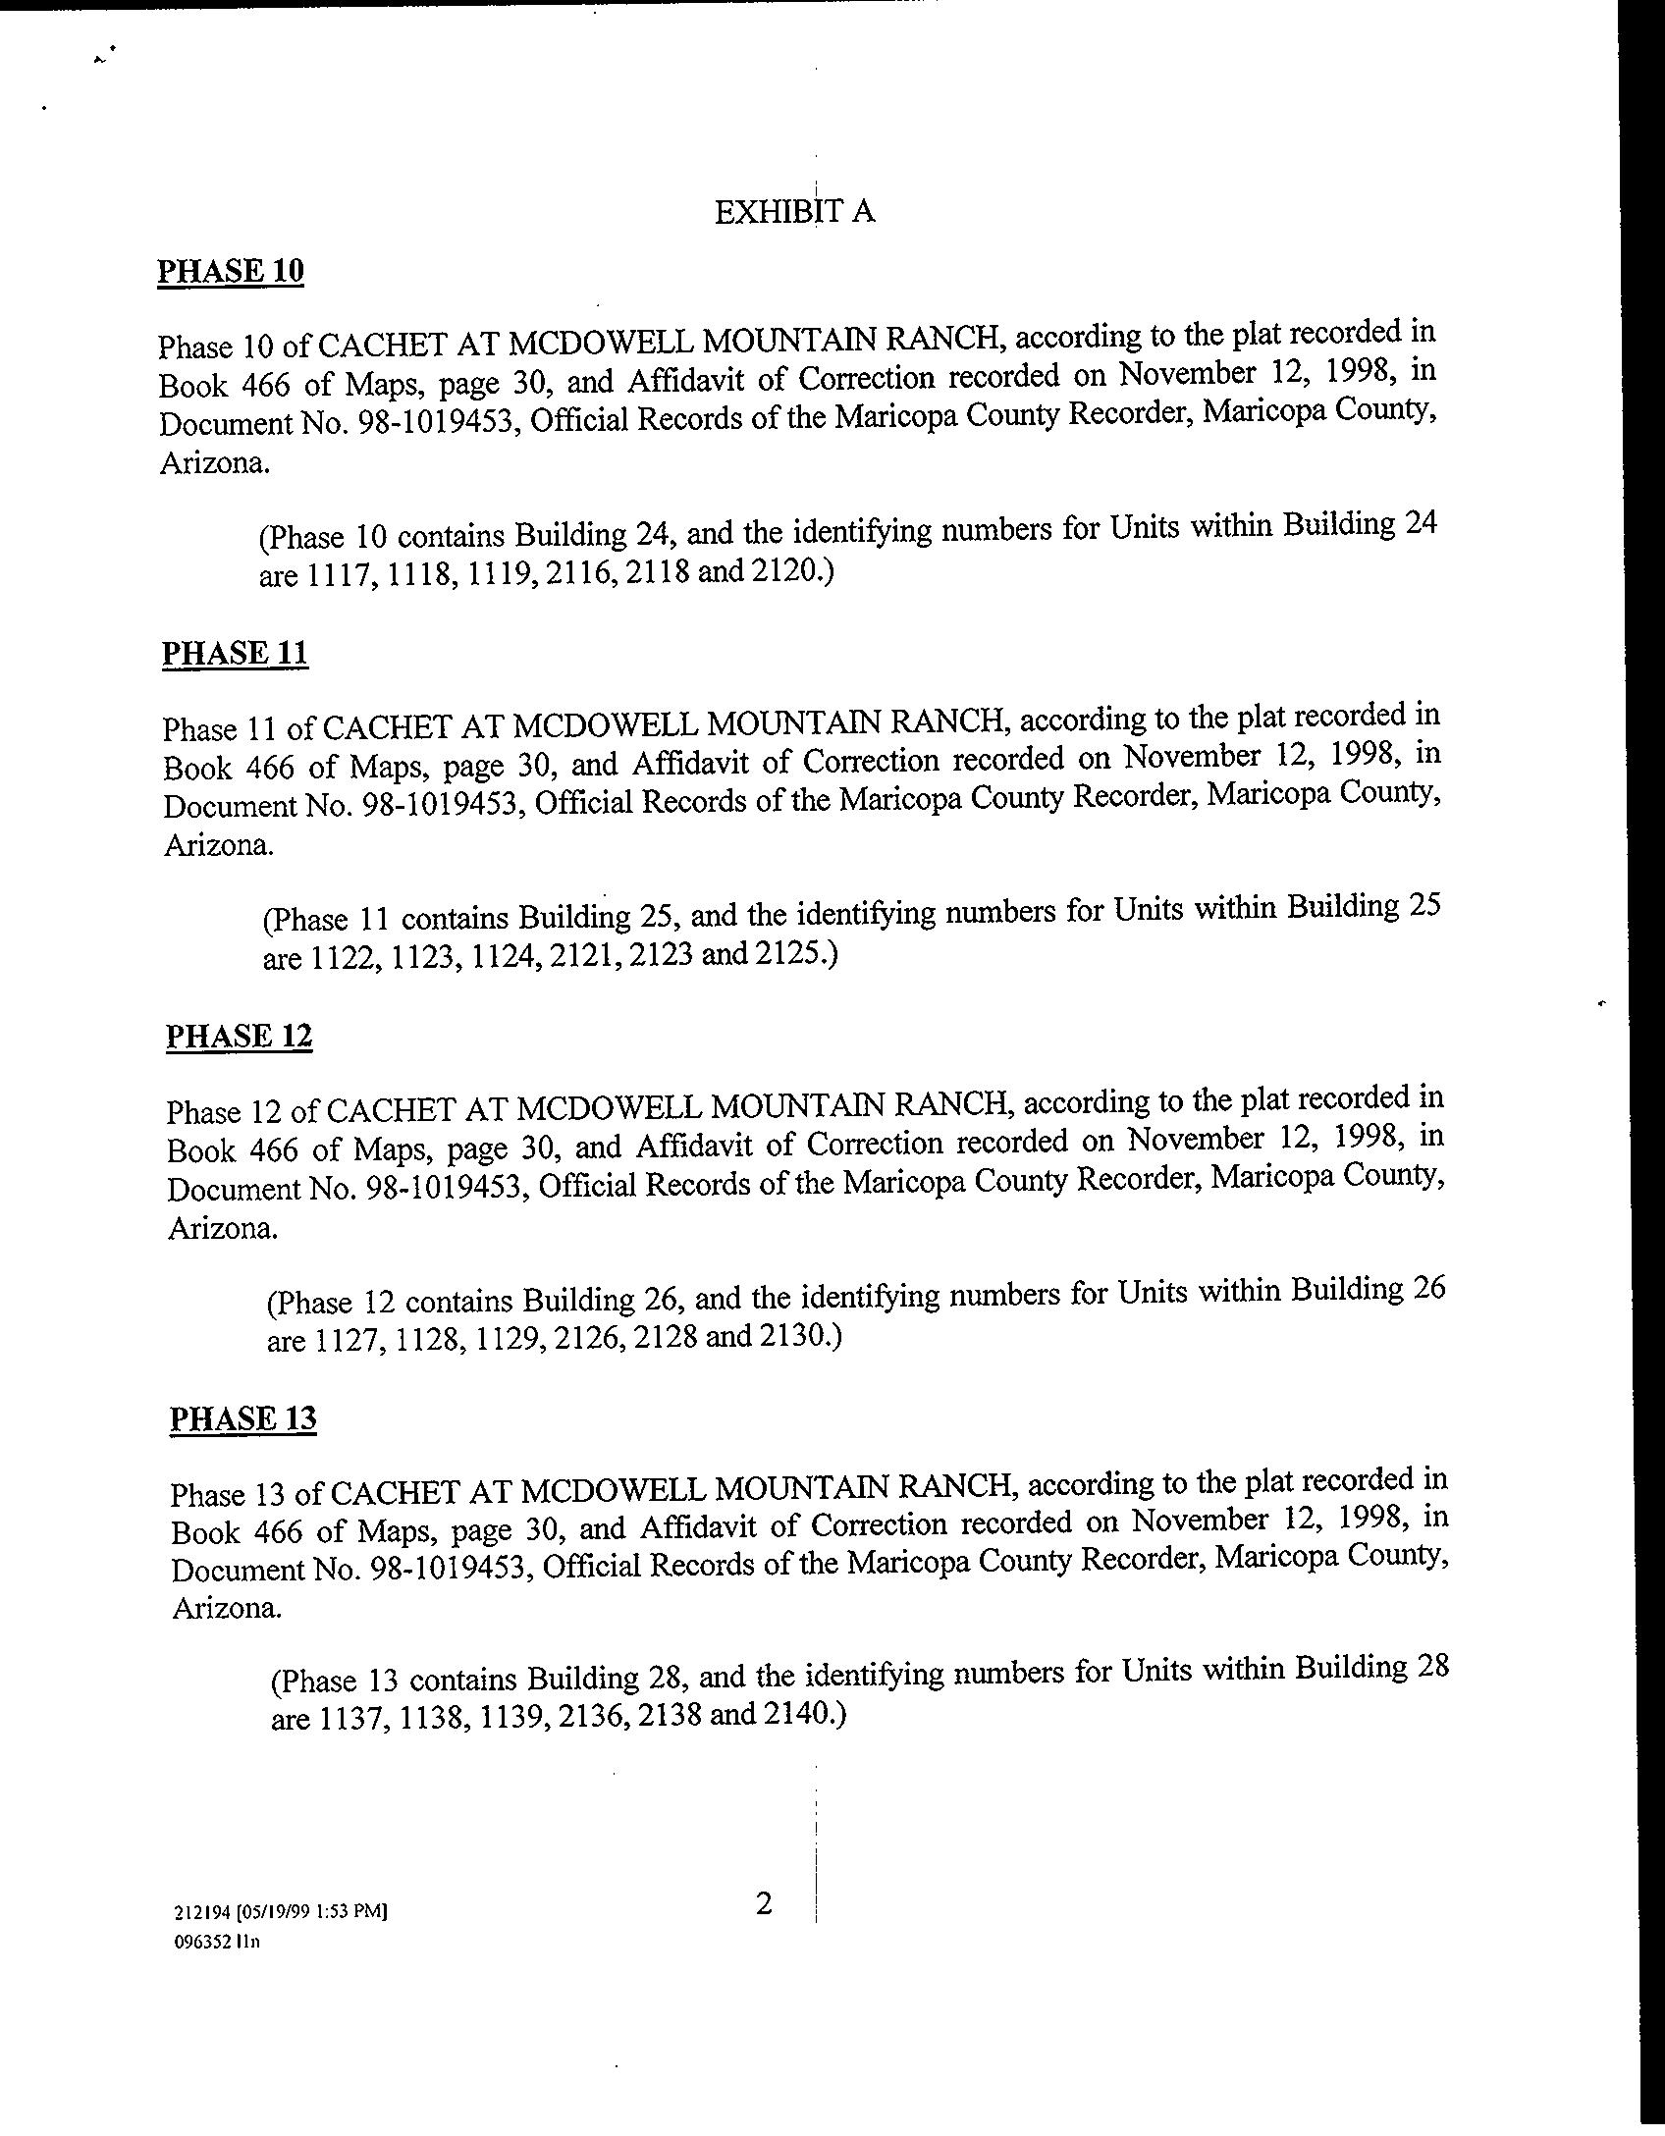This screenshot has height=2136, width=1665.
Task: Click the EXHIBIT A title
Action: pyautogui.click(x=794, y=212)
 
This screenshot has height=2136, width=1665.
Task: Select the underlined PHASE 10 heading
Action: pyautogui.click(x=231, y=271)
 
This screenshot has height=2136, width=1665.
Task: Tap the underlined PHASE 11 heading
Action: pyautogui.click(x=235, y=654)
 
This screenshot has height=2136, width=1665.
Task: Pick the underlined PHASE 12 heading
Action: pyautogui.click(x=239, y=1037)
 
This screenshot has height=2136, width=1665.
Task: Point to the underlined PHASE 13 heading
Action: pyautogui.click(x=242, y=1419)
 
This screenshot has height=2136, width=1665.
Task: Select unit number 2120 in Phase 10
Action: pyautogui.click(x=785, y=570)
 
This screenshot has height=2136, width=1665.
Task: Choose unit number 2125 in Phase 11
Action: pyautogui.click(x=789, y=952)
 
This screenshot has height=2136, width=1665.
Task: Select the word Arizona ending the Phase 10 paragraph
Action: pyautogui.click(x=213, y=463)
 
